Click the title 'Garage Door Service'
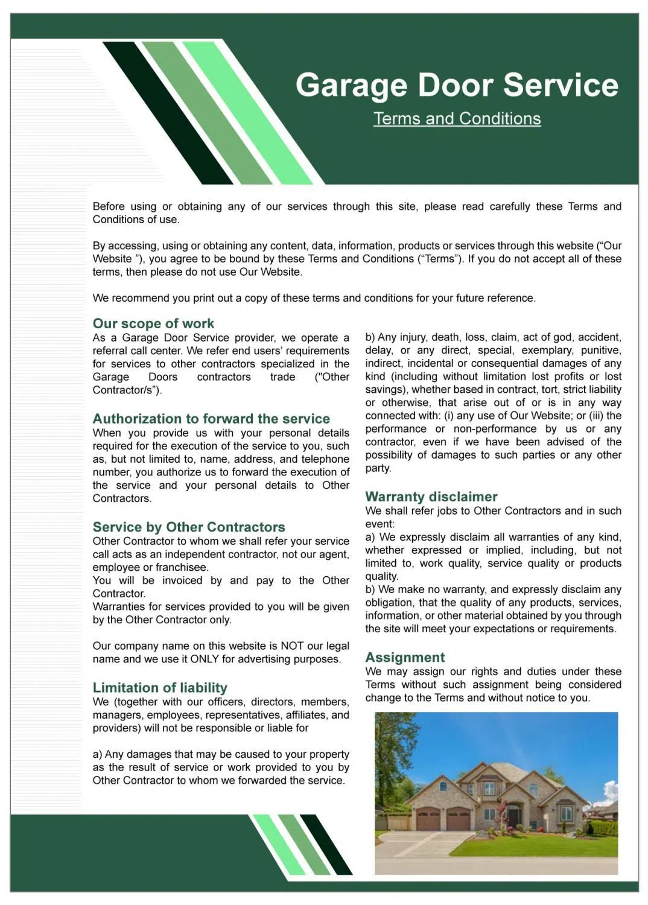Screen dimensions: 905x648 click(x=457, y=85)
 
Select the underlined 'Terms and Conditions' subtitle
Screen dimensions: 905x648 click(x=457, y=119)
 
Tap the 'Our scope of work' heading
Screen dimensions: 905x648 click(x=153, y=323)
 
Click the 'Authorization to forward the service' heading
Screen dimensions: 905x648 click(x=211, y=419)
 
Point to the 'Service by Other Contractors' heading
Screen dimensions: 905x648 click(x=189, y=527)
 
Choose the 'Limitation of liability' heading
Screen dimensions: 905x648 click(x=160, y=688)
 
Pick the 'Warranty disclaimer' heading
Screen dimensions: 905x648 click(x=431, y=497)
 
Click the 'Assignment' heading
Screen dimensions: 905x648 click(x=405, y=658)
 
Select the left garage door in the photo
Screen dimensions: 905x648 click(x=428, y=820)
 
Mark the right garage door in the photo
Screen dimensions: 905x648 click(x=458, y=820)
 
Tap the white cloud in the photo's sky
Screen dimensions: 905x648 click(x=611, y=790)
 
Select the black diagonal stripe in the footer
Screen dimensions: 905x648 click(x=326, y=845)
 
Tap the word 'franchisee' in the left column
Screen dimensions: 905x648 click(x=182, y=568)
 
